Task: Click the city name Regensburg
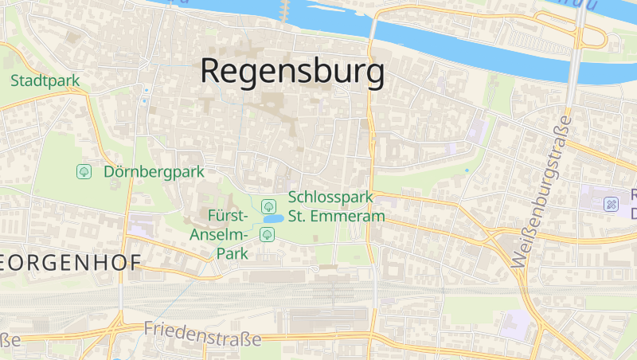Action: click(292, 72)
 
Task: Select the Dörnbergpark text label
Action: click(154, 171)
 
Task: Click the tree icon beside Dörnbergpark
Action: click(84, 171)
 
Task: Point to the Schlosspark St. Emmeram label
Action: click(336, 206)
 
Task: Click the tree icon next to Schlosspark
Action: click(268, 206)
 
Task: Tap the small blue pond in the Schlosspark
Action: click(273, 218)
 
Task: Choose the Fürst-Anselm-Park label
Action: click(229, 235)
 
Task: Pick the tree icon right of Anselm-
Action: click(268, 234)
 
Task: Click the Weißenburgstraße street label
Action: click(542, 190)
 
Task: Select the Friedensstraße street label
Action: click(202, 334)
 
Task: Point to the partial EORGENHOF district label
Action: click(72, 263)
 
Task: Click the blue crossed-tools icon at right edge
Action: click(612, 205)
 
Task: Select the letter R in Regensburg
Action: click(212, 72)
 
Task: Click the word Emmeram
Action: click(353, 216)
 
